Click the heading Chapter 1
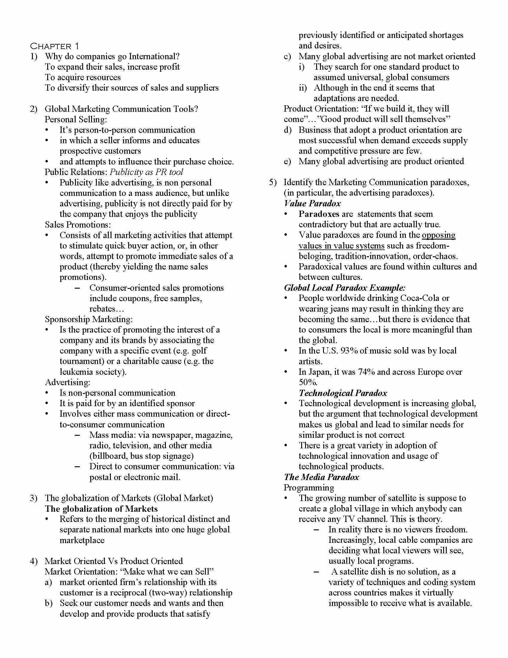click(54, 46)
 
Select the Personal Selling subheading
click(76, 119)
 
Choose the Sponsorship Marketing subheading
click(89, 319)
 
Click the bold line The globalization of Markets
click(101, 508)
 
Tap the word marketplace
click(82, 540)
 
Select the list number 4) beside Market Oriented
click(34, 561)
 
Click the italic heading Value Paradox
click(312, 203)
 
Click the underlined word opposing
click(438, 235)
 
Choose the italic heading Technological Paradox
click(343, 393)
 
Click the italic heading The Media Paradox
click(322, 477)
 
